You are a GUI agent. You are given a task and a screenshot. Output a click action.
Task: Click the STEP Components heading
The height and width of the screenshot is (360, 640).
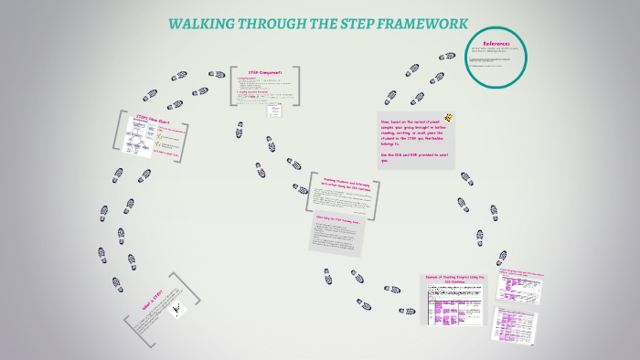pos(266,72)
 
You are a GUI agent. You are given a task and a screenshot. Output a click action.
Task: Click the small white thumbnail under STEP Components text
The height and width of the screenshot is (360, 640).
pos(273,111)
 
